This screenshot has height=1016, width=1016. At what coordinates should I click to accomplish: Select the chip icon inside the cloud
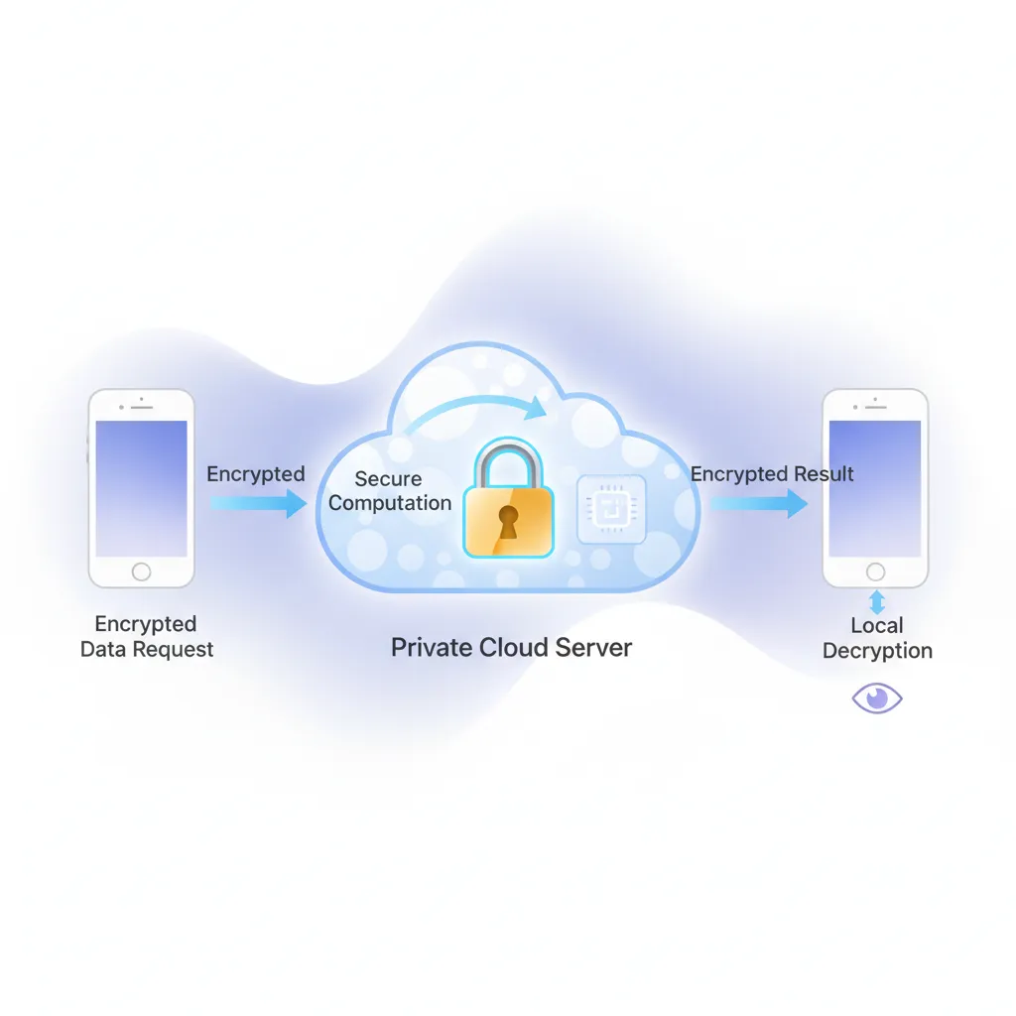point(611,509)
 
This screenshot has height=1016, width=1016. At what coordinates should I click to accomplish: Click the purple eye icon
point(877,698)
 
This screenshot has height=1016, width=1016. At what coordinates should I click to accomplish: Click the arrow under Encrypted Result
point(758,503)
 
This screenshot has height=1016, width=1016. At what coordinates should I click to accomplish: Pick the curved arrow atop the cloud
point(476,407)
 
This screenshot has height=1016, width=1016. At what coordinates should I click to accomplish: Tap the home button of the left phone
point(141,571)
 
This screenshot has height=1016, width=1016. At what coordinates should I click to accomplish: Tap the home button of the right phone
point(875,572)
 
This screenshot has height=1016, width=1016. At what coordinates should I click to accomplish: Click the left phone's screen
point(141,488)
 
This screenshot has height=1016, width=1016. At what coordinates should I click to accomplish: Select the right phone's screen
point(875,488)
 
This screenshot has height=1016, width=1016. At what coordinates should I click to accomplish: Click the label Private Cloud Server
point(511,648)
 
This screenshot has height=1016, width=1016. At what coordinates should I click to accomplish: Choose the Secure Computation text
point(389,491)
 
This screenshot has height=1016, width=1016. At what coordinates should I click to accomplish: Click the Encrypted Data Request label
point(146,637)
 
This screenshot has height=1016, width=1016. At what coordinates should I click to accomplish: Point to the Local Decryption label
point(877,638)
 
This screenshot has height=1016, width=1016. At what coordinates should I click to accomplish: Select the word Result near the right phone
point(817,473)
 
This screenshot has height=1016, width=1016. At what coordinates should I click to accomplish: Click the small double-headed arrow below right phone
point(876,601)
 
